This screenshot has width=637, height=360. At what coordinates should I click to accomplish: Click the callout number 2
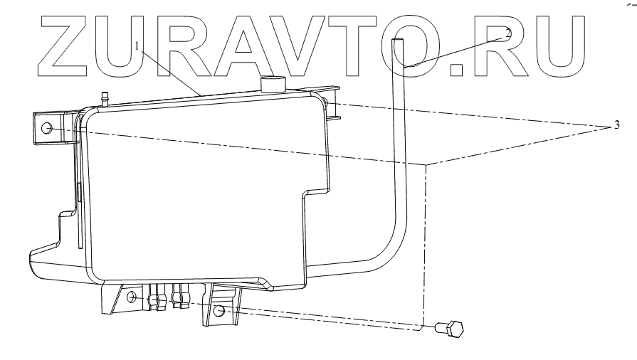click(x=508, y=33)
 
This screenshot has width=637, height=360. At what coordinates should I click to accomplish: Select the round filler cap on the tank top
click(x=271, y=84)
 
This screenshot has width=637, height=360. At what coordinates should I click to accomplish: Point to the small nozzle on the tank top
click(x=105, y=97)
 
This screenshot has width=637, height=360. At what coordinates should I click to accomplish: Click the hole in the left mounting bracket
click(x=47, y=129)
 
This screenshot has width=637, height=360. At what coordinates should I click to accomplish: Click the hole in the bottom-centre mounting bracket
click(x=220, y=311)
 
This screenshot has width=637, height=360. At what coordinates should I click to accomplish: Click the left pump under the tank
click(x=156, y=297)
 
